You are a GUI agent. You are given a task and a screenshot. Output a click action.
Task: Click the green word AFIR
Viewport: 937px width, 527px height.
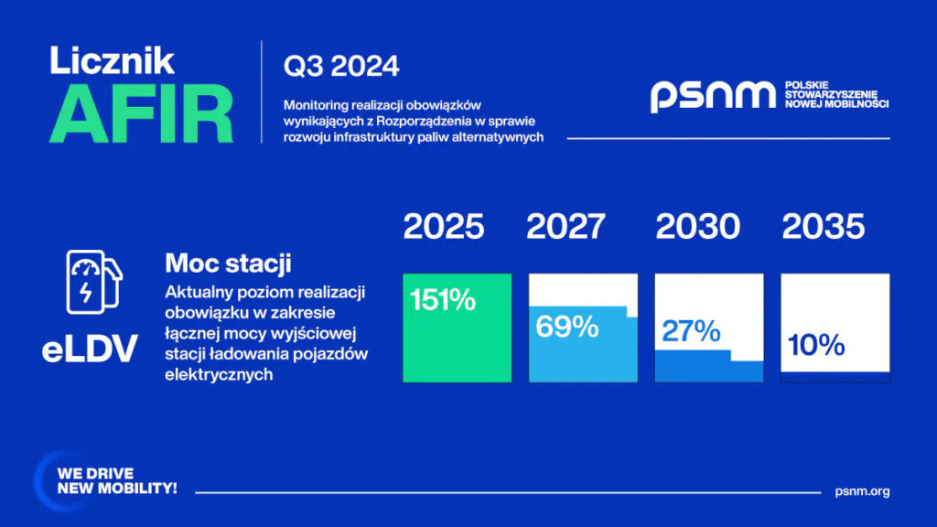pyautogui.click(x=141, y=113)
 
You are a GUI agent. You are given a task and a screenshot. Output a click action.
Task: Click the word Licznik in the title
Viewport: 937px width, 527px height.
pyautogui.click(x=112, y=60)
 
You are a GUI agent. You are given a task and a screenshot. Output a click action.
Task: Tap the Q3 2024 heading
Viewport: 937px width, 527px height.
pyautogui.click(x=341, y=66)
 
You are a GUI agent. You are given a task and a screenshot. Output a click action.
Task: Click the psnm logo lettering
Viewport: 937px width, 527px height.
pyautogui.click(x=713, y=96)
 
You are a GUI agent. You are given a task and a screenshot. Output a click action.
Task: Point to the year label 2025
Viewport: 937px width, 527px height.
pyautogui.click(x=444, y=227)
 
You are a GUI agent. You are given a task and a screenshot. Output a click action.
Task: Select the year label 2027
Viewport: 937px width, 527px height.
pyautogui.click(x=565, y=227)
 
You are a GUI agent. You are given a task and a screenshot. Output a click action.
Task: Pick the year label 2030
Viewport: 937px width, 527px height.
pyautogui.click(x=697, y=227)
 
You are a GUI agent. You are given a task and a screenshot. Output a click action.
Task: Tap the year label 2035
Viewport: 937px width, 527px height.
pyautogui.click(x=823, y=227)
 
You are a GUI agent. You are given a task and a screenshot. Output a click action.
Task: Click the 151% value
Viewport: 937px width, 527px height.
pyautogui.click(x=443, y=299)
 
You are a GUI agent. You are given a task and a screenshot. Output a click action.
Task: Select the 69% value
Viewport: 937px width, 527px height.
pyautogui.click(x=567, y=327)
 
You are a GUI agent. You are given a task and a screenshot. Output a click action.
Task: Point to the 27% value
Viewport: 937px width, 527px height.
pyautogui.click(x=691, y=331)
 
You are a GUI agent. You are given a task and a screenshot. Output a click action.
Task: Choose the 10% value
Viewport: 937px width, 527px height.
pyautogui.click(x=816, y=345)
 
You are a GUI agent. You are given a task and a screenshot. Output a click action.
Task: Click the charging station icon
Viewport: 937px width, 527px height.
pyautogui.click(x=94, y=282)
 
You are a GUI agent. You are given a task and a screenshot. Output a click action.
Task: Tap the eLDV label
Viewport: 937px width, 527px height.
pyautogui.click(x=90, y=349)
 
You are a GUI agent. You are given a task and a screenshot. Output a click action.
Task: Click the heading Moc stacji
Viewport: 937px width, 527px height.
pyautogui.click(x=228, y=263)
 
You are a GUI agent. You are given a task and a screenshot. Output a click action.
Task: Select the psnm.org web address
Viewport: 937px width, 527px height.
pyautogui.click(x=862, y=491)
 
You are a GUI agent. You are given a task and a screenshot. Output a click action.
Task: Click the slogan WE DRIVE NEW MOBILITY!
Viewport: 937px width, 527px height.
pyautogui.click(x=117, y=481)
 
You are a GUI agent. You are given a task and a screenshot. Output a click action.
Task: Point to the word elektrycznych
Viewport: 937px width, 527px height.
pyautogui.click(x=219, y=374)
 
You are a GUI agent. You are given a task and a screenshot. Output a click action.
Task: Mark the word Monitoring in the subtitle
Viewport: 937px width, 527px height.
pyautogui.click(x=316, y=106)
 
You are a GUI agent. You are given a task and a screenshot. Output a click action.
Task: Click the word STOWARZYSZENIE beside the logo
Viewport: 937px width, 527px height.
pyautogui.click(x=831, y=94)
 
